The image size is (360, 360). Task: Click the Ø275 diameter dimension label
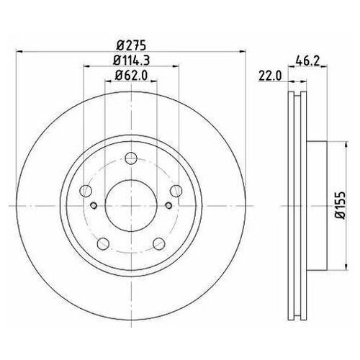pos(130,44)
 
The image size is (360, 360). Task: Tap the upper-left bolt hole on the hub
pos(86,191)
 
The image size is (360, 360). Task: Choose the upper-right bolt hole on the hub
pos(174,191)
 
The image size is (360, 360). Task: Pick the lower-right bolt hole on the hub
pos(157,242)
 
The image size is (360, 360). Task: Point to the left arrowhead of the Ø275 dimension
pos(19,51)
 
